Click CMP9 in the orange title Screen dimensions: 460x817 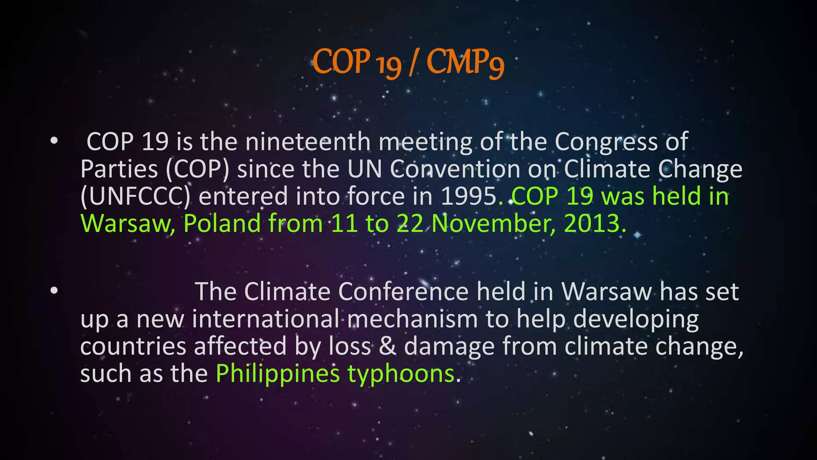[x=465, y=63]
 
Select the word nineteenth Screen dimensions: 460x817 [x=308, y=142]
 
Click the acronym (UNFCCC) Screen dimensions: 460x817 [x=135, y=196]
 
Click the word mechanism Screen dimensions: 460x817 [x=412, y=319]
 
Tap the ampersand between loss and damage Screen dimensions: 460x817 [x=387, y=346]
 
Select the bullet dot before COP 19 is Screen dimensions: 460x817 [x=54, y=141]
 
